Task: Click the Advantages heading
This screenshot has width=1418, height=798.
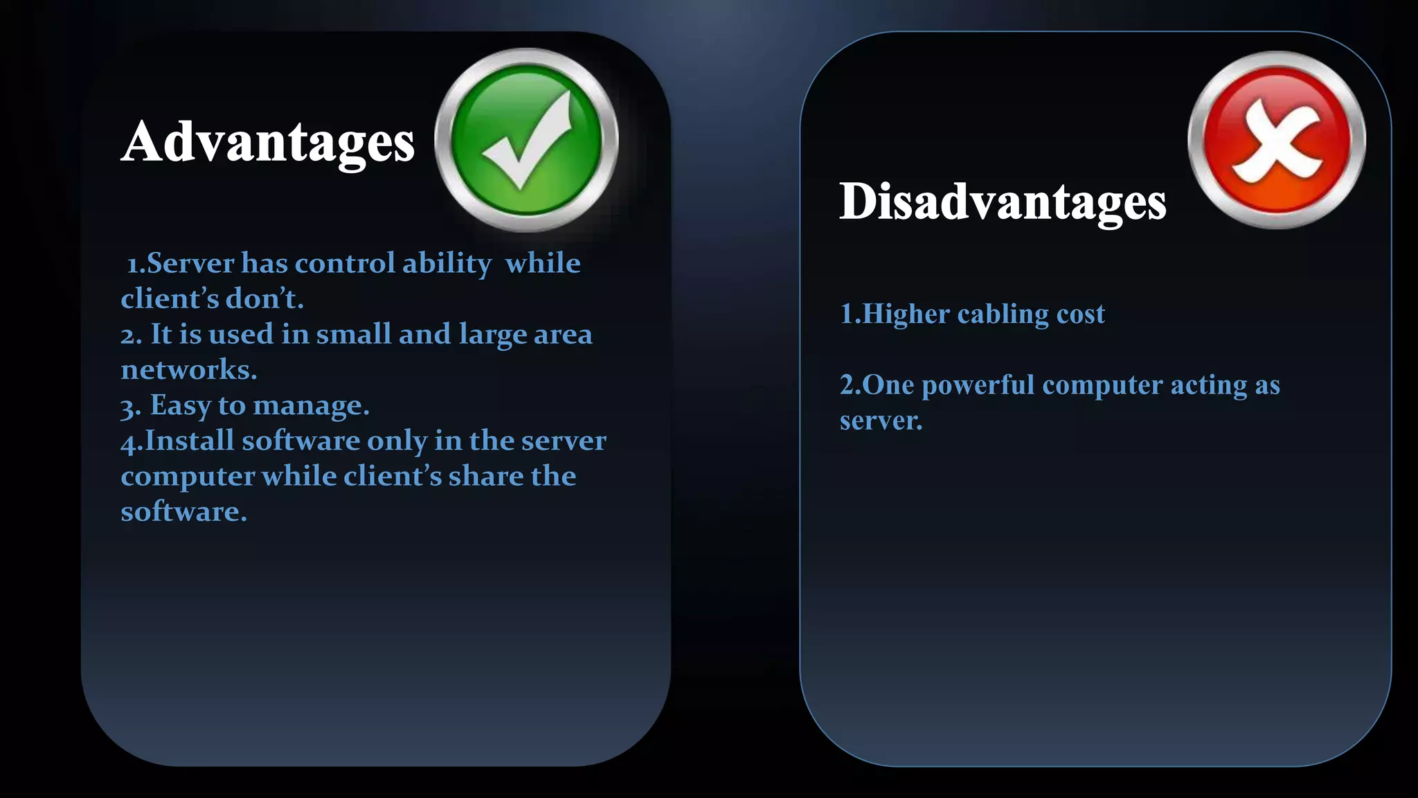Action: (268, 143)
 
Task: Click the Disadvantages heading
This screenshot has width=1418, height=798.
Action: (1003, 202)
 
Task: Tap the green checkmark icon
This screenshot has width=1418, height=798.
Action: (526, 139)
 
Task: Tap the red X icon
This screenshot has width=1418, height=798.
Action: (1277, 139)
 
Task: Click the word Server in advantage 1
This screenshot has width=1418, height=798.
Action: (190, 264)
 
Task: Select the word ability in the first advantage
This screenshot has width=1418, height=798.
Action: (447, 264)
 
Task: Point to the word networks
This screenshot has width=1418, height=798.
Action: (188, 370)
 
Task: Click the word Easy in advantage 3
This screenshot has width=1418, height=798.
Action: (181, 405)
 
